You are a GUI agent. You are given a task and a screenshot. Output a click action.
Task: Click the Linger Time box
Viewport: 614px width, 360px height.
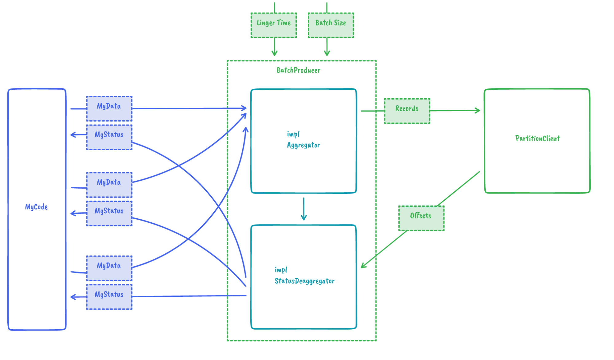click(273, 25)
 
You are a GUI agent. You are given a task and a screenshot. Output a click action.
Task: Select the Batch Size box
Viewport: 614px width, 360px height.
click(330, 25)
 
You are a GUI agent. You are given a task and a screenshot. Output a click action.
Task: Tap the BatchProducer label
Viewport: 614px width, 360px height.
click(298, 70)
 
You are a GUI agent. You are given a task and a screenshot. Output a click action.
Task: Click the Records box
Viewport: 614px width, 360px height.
click(407, 111)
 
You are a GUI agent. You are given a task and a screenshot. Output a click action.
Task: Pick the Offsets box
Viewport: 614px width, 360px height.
click(421, 218)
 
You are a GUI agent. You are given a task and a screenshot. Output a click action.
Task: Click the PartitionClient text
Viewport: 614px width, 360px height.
click(538, 139)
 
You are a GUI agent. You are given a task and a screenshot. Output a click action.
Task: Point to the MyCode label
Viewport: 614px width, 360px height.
click(36, 207)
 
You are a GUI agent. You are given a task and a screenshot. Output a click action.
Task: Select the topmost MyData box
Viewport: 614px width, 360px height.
click(109, 108)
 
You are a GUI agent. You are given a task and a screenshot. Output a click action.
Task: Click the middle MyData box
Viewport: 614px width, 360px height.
click(109, 185)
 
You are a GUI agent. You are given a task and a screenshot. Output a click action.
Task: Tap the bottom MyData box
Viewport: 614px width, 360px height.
click(109, 268)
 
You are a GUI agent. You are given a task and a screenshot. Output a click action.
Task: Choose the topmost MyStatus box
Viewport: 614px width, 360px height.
click(109, 137)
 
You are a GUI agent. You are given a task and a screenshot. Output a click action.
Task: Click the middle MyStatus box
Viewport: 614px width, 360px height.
click(109, 213)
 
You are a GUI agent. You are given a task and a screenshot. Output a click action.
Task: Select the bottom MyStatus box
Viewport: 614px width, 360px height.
click(109, 297)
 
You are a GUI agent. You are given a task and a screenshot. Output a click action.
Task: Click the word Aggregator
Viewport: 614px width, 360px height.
click(303, 145)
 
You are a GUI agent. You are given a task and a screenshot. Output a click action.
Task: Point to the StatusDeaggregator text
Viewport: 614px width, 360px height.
click(304, 281)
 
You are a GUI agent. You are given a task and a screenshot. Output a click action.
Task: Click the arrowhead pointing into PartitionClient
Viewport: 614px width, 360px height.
click(478, 110)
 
